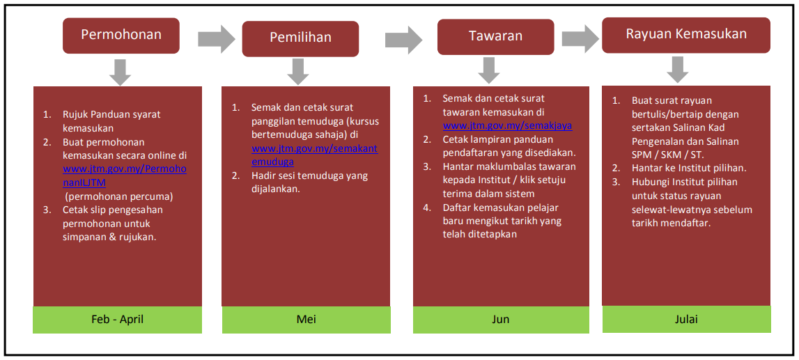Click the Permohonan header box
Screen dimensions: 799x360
[121, 35]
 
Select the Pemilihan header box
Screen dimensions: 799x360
[300, 38]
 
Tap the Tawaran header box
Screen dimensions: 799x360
[495, 37]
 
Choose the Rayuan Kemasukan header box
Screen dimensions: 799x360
[686, 35]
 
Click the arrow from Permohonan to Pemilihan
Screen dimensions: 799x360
[217, 38]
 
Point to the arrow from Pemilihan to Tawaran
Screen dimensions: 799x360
[404, 40]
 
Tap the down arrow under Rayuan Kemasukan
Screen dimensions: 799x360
[678, 70]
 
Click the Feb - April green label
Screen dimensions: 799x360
[117, 320]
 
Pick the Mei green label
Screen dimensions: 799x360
[306, 320]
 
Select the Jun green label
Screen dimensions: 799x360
[501, 320]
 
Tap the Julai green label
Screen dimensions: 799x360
[686, 319]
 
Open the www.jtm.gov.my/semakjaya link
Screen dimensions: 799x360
[507, 125]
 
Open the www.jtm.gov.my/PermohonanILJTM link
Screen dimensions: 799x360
[124, 175]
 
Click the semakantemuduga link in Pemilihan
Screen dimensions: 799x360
[314, 155]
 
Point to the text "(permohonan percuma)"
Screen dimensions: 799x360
[118, 196]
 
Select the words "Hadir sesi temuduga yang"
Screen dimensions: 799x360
[309, 177]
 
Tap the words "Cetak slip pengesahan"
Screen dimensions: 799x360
[119, 210]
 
